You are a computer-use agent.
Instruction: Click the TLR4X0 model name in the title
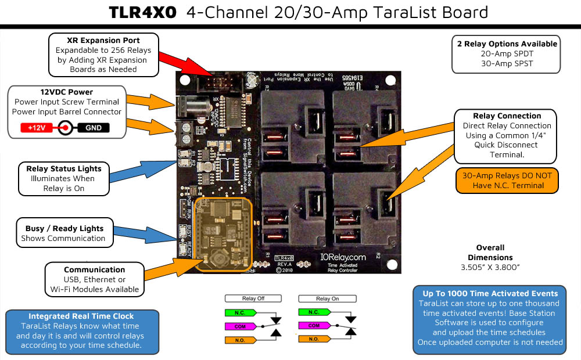click(x=142, y=13)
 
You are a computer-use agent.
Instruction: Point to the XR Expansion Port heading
click(x=103, y=41)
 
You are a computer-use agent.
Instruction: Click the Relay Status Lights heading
click(x=64, y=168)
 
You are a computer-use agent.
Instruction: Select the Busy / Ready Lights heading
click(x=64, y=228)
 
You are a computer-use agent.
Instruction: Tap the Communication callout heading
click(x=94, y=269)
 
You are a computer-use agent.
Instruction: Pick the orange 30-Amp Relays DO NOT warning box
click(x=507, y=181)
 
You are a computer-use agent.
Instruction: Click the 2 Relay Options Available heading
click(x=507, y=44)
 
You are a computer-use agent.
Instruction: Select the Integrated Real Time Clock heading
click(x=81, y=316)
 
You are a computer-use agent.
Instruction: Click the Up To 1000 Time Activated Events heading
click(x=490, y=293)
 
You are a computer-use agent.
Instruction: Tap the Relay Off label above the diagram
click(x=253, y=298)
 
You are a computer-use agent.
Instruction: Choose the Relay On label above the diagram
click(x=327, y=298)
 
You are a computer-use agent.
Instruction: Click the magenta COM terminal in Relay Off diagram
click(x=239, y=327)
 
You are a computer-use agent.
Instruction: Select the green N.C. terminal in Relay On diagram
click(x=314, y=312)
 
